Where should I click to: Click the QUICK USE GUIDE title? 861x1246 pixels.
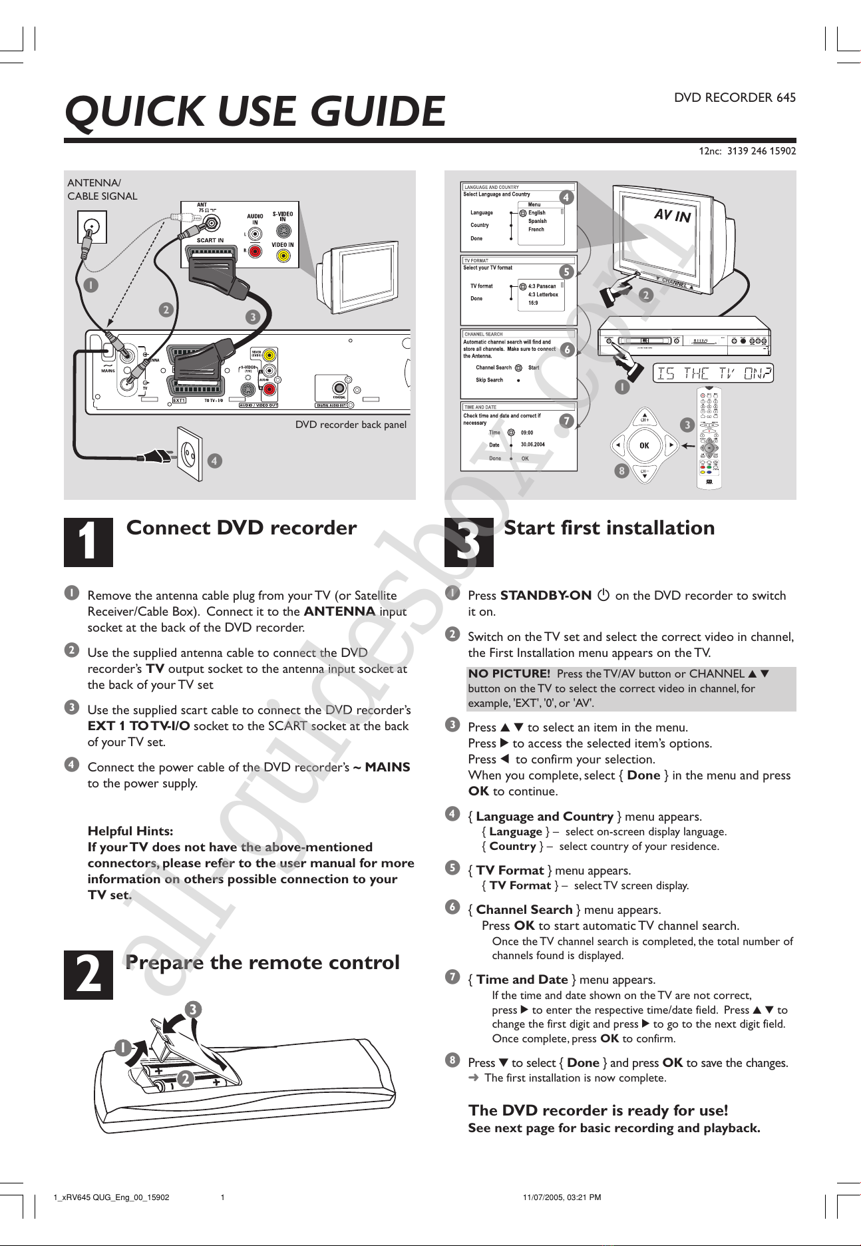coord(255,111)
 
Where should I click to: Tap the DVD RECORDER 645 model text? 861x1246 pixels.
coord(735,98)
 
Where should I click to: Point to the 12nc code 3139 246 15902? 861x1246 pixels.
coord(747,151)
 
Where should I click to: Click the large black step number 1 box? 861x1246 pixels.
coord(88,542)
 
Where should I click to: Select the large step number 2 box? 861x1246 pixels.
coord(88,975)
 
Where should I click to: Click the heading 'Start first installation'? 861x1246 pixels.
coord(609,528)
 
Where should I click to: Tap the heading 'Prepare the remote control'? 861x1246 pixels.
coord(262,962)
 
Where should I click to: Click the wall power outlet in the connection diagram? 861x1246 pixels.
coord(188,453)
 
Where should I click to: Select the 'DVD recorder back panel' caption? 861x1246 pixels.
coord(351,425)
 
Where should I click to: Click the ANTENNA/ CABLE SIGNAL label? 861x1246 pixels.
coord(102,190)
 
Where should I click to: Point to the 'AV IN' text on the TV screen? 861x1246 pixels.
coord(672,215)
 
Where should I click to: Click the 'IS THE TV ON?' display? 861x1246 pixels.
coord(714,373)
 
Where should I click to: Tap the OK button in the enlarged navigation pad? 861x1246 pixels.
coord(644,445)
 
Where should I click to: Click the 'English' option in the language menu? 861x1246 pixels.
coord(537,213)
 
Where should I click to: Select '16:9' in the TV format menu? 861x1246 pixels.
coord(533,303)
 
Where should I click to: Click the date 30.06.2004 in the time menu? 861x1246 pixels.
coord(532,445)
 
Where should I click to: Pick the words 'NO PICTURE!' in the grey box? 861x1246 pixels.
coord(509,674)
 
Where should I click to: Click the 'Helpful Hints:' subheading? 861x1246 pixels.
coord(130,831)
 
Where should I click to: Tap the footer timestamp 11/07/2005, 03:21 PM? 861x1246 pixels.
coord(562,1197)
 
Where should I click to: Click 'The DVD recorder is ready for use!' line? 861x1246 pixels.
coord(598,1110)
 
